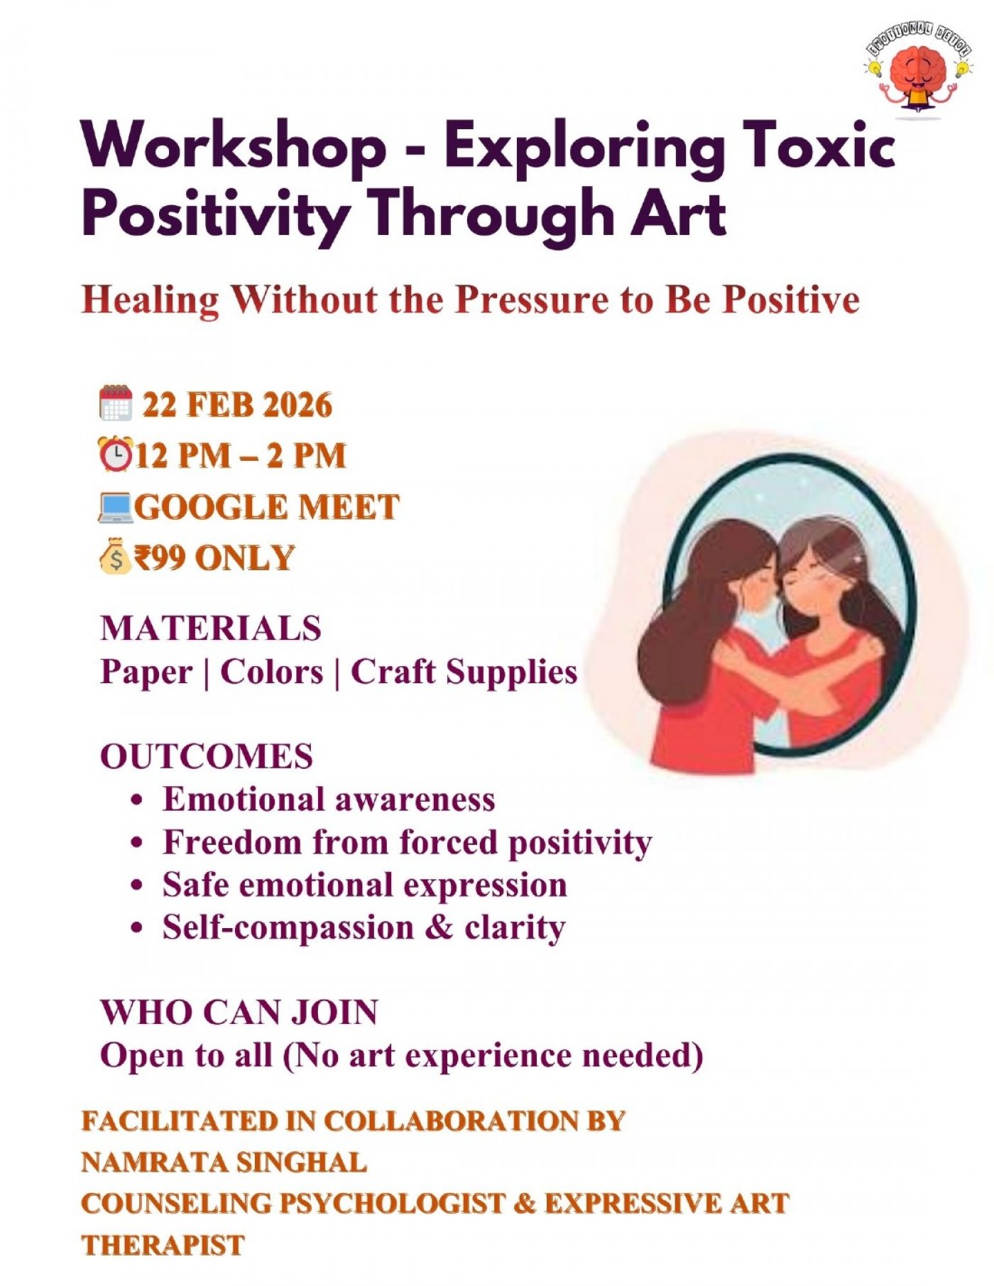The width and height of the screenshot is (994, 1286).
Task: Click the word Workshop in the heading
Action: point(234,146)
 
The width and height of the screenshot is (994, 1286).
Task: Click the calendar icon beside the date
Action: point(116,403)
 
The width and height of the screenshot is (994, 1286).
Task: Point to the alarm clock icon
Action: point(115,454)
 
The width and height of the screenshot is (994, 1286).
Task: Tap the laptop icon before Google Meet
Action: point(115,507)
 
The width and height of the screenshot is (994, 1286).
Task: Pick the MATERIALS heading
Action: point(211,628)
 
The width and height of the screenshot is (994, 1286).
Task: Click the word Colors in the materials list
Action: point(272,672)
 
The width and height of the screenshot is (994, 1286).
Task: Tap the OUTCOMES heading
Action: point(207,756)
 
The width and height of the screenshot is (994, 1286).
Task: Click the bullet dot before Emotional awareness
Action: point(138,801)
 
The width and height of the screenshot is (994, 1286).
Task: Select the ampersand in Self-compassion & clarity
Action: point(439,927)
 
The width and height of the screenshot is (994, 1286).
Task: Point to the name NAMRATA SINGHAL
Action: point(224,1162)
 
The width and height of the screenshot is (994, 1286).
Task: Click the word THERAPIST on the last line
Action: point(163,1245)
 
